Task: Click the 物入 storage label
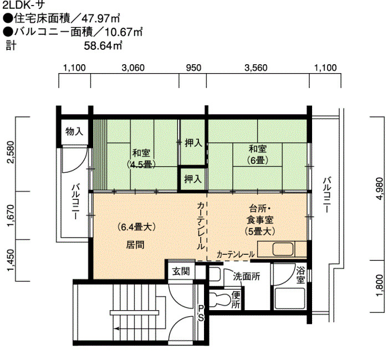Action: (74, 131)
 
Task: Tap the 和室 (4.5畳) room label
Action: (141, 158)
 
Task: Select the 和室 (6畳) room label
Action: (258, 155)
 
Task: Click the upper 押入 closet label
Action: (193, 143)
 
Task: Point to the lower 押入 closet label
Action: (193, 179)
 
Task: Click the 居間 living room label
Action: (135, 245)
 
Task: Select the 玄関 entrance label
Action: (181, 271)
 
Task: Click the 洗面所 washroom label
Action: (247, 276)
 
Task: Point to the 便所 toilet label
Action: (236, 300)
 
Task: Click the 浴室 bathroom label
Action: (300, 275)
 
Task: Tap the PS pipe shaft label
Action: (201, 313)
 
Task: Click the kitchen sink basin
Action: (283, 249)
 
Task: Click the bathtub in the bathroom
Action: (290, 299)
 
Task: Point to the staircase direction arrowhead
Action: (116, 328)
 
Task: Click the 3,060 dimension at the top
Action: (133, 68)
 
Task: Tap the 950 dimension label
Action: (193, 68)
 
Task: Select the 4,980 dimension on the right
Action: (379, 189)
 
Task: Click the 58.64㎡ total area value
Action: (103, 46)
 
